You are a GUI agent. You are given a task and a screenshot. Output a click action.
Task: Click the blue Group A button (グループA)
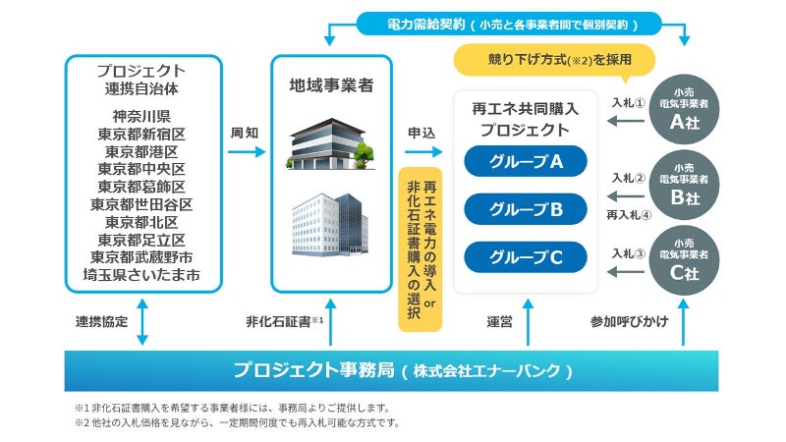tap(526, 161)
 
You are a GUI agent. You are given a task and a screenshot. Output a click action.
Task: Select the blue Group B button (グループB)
tap(526, 208)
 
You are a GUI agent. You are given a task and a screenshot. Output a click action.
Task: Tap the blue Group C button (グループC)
tap(526, 256)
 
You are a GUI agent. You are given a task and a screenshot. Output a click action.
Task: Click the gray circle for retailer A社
tap(684, 109)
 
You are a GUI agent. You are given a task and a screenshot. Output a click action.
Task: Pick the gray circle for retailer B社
tap(684, 186)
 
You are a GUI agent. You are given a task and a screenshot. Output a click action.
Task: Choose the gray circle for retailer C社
tap(684, 262)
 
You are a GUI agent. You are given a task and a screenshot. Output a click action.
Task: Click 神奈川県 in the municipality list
tap(141, 117)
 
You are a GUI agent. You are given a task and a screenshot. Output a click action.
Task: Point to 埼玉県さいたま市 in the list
tap(141, 275)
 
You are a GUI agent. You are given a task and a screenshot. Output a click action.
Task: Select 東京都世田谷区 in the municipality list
tap(141, 205)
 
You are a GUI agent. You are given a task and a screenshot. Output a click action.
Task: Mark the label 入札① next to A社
tap(627, 101)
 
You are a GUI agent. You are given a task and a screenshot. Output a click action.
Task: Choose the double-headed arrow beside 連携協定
tap(142, 321)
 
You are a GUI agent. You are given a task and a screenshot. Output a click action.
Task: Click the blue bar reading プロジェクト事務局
tap(402, 370)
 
